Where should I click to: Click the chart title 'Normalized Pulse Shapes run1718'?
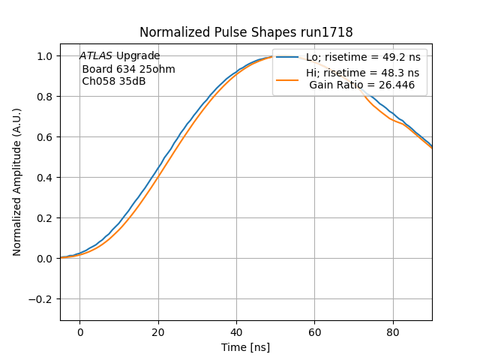(246, 32)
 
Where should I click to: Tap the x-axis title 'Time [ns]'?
(246, 347)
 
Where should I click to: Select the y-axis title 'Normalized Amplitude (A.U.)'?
(17, 182)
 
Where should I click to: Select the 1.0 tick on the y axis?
(46, 56)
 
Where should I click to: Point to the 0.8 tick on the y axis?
(46, 97)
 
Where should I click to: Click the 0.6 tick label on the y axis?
(46, 137)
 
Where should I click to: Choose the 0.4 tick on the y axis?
(46, 178)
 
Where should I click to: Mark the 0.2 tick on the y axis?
(46, 218)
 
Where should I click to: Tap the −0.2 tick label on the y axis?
(42, 299)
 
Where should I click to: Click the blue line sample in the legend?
(289, 57)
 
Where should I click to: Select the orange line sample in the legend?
(289, 79)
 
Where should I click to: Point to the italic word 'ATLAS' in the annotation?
(96, 56)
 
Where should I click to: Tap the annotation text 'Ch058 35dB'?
(113, 81)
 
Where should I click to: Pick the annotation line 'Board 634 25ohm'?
(128, 69)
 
